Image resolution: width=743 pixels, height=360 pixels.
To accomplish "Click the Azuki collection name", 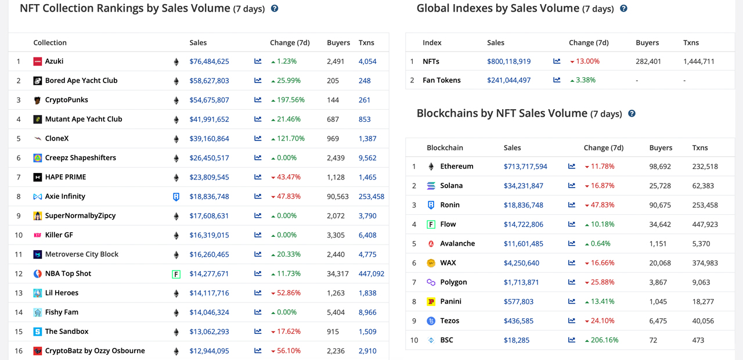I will click(x=54, y=62).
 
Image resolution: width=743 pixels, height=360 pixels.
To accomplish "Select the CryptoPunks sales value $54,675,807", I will click(x=209, y=100).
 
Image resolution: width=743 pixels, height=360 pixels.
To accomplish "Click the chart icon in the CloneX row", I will click(x=258, y=138).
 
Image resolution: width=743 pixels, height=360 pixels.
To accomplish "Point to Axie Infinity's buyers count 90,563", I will click(x=337, y=196).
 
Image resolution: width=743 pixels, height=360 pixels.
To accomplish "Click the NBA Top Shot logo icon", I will click(x=38, y=273).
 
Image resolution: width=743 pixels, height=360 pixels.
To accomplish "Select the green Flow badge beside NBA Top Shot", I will click(x=176, y=274).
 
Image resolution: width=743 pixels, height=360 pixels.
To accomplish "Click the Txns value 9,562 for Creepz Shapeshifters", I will click(x=367, y=158).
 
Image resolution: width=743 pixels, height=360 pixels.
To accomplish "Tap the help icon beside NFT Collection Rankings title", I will click(x=275, y=9).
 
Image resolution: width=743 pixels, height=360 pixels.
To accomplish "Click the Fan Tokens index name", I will click(x=441, y=80).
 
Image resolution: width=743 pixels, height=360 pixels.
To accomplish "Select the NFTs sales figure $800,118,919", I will click(x=508, y=62).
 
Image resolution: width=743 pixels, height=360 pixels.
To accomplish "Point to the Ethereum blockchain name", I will click(x=457, y=167).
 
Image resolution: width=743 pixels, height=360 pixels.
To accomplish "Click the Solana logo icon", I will click(x=431, y=186).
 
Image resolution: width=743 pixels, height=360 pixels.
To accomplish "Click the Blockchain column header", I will click(x=445, y=147).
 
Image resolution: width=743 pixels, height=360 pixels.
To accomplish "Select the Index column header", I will click(x=432, y=42).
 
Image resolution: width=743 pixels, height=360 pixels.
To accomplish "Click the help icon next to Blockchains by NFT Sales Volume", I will click(x=632, y=114).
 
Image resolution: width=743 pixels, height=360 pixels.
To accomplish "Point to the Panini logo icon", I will click(x=431, y=301).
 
